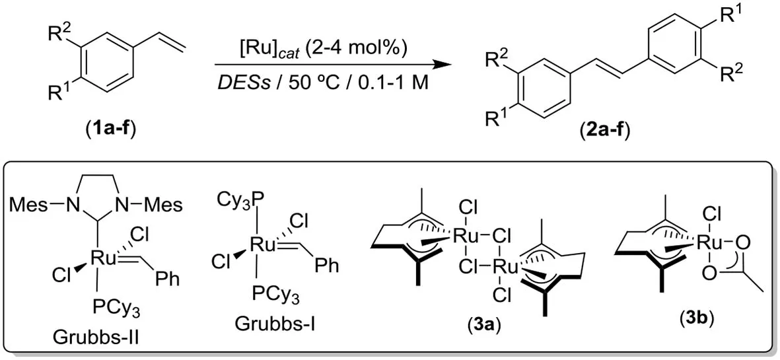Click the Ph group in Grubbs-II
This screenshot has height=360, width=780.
(167, 279)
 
